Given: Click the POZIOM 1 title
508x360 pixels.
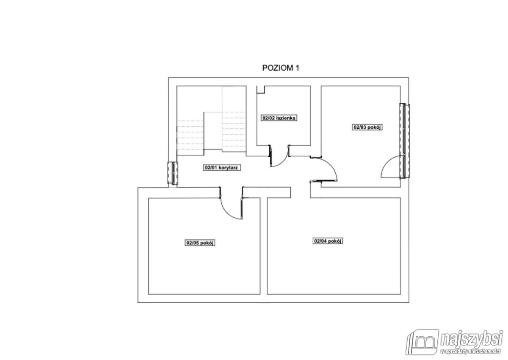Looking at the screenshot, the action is point(281,68).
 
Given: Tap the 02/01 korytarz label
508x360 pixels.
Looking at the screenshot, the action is point(221,168).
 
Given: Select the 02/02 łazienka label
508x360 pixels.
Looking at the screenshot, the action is point(279,118).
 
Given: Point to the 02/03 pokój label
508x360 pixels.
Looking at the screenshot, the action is point(367,127).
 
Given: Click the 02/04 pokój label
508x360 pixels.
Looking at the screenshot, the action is point(328,241).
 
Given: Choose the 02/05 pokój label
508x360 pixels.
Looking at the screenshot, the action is point(200,243).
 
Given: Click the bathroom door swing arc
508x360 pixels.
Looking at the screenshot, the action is point(283,161).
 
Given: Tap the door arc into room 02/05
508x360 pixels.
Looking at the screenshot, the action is point(227,212).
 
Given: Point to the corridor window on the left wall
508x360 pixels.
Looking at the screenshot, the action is point(173,173).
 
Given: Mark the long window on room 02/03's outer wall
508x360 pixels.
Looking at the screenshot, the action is point(405,141).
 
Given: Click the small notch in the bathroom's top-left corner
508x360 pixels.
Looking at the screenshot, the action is point(261,90).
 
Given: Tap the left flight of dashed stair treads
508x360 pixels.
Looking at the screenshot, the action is point(190,135).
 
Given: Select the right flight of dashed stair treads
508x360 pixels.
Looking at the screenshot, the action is point(234,132).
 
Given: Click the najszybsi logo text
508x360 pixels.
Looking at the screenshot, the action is point(471,341).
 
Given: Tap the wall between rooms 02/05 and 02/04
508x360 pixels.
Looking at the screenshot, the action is point(263,246).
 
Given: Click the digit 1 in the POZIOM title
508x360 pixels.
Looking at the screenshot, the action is point(297,68).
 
